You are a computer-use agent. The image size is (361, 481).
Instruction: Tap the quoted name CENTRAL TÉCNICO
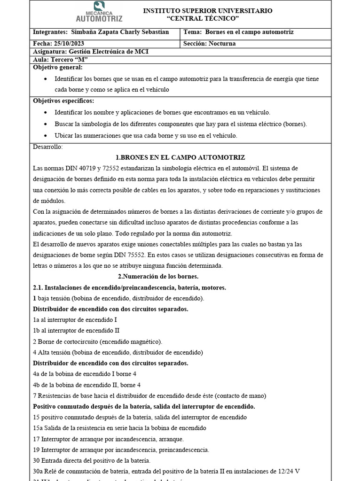(x=203, y=18)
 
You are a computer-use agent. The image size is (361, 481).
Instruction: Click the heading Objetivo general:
(x=57, y=68)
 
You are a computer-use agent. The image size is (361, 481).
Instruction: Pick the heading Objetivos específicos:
(x=63, y=101)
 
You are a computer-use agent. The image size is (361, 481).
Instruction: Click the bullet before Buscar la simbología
(x=45, y=124)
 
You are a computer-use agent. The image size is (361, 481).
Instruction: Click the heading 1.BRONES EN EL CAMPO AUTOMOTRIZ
(x=180, y=157)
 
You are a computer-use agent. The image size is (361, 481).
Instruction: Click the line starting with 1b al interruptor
(x=76, y=330)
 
